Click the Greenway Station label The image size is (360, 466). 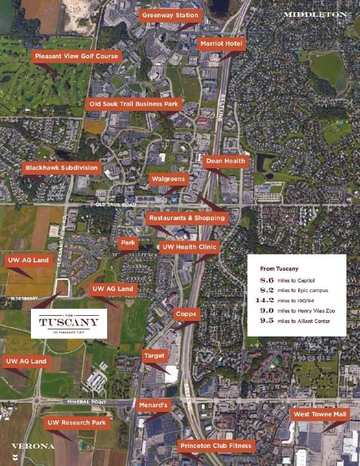click(170, 15)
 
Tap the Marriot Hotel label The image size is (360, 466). click(221, 43)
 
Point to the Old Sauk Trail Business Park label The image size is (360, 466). click(134, 103)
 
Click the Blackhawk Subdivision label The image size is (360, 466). click(62, 168)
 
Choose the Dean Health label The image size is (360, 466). click(226, 161)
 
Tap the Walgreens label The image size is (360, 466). click(168, 179)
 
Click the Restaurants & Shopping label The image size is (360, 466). click(186, 218)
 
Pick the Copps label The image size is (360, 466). click(186, 314)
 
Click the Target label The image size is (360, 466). click(155, 355)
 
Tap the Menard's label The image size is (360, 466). click(154, 405)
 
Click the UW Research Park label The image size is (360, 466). click(75, 423)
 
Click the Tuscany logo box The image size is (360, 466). click(69, 323)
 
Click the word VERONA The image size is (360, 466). click(33, 445)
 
